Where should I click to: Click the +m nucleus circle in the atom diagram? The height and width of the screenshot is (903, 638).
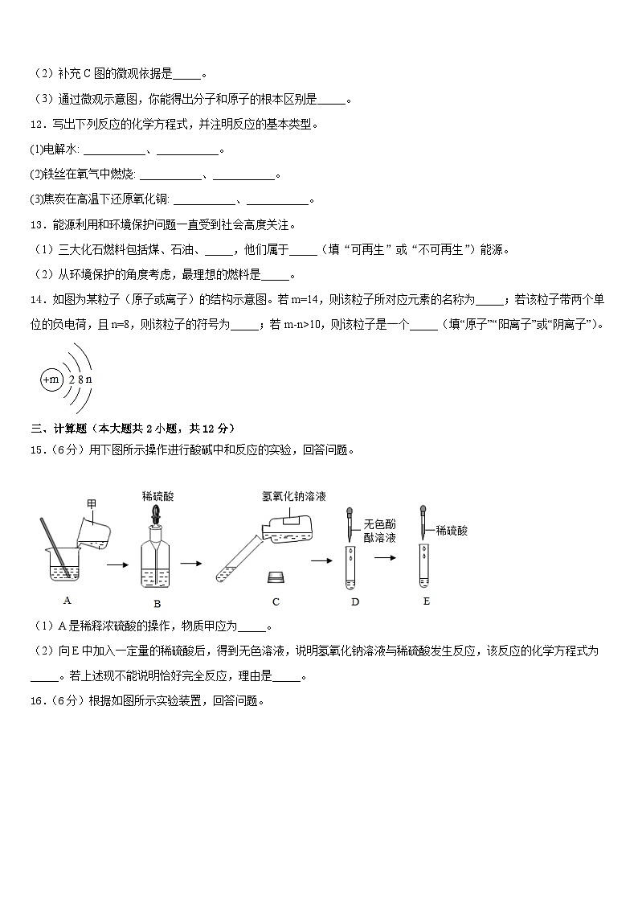[51, 379]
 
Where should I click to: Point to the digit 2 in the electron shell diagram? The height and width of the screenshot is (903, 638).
[72, 379]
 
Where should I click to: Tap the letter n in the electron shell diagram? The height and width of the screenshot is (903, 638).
[88, 379]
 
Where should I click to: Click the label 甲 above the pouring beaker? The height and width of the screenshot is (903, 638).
[92, 503]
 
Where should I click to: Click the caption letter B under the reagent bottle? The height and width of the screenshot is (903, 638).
[157, 604]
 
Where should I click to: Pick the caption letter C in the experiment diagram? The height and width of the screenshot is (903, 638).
[276, 601]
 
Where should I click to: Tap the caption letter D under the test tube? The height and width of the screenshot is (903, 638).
[355, 601]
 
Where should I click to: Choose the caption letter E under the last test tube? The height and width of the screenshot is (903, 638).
[426, 601]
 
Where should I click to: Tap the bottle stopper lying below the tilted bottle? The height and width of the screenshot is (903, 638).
[276, 577]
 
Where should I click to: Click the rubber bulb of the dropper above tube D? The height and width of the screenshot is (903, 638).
[350, 512]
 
